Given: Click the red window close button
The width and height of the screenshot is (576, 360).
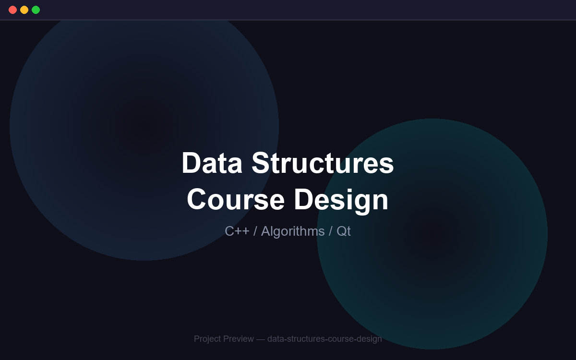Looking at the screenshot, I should pyautogui.click(x=12, y=10).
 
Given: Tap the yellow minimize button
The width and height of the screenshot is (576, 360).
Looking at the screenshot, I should pyautogui.click(x=24, y=10).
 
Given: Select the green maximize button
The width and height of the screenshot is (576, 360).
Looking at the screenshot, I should pyautogui.click(x=36, y=10).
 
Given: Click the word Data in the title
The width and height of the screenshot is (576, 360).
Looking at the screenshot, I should pyautogui.click(x=212, y=163).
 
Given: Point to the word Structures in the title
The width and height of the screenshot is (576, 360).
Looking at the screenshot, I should pyautogui.click(x=323, y=163).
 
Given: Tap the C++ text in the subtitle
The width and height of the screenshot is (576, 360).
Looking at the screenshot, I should pyautogui.click(x=237, y=231).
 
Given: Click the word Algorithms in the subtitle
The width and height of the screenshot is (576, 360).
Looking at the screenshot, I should pyautogui.click(x=293, y=231).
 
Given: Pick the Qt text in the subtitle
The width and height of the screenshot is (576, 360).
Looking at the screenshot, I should pyautogui.click(x=344, y=231).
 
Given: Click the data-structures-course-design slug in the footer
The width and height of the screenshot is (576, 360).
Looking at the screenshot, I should pyautogui.click(x=324, y=339).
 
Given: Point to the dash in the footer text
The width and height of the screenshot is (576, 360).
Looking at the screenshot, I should pyautogui.click(x=261, y=339).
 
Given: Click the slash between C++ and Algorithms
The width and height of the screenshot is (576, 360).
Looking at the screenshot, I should pyautogui.click(x=255, y=231).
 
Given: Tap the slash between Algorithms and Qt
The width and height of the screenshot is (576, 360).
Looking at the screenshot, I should pyautogui.click(x=330, y=231).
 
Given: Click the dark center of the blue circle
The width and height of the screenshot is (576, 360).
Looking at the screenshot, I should pyautogui.click(x=144, y=126).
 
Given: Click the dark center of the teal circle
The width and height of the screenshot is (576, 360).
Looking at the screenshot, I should pyautogui.click(x=432, y=234).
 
